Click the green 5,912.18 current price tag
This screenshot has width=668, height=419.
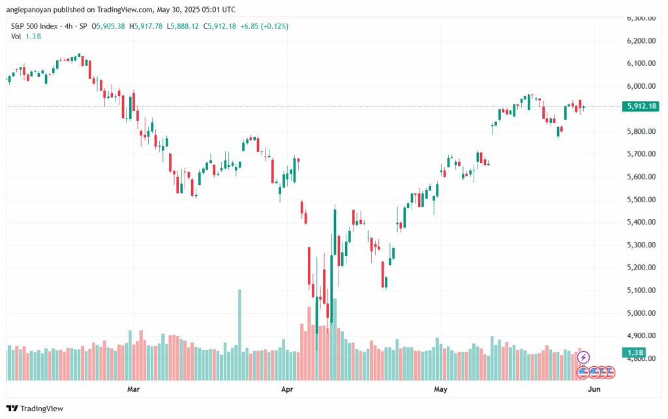[641, 106]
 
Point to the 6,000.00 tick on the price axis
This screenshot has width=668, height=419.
[641, 86]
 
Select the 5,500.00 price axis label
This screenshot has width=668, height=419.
[641, 200]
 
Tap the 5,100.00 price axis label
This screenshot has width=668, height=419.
[641, 290]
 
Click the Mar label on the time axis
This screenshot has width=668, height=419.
[133, 389]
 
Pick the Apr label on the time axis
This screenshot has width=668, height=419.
[287, 389]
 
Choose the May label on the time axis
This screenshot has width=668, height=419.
[440, 389]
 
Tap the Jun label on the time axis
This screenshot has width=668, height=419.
[594, 389]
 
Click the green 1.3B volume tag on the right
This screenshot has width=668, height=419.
[634, 352]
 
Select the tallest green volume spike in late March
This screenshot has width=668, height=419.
[239, 335]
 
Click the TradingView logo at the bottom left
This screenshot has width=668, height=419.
[35, 409]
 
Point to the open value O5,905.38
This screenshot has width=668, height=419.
[108, 26]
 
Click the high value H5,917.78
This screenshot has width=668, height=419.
[145, 26]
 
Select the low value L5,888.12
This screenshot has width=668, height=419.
[183, 26]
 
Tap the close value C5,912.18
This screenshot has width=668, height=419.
[219, 26]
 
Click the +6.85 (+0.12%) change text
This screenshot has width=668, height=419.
[264, 26]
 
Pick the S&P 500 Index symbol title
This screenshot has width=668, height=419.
[35, 26]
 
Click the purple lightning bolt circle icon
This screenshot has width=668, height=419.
[583, 357]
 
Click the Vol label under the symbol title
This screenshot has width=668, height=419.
[16, 37]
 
